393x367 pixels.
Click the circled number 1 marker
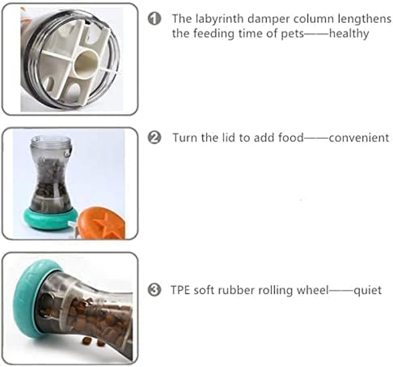point(154,19)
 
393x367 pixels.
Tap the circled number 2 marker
point(154,138)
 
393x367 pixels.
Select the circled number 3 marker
point(154,289)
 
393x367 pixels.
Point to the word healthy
point(349,34)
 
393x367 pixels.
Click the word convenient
point(359,138)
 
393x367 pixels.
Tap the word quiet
point(367,291)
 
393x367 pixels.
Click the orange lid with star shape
point(102,222)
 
